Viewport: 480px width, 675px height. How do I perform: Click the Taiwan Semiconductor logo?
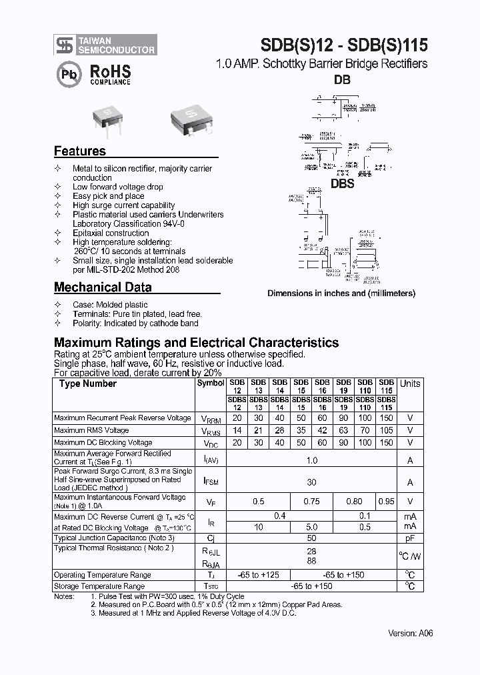(x=105, y=45)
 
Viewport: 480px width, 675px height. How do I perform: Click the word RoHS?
(x=110, y=71)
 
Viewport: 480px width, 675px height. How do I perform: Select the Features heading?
(x=80, y=151)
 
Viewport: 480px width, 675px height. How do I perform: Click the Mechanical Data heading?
(x=103, y=287)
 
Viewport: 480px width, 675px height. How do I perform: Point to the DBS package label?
(x=342, y=184)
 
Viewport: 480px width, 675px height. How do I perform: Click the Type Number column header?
(x=87, y=384)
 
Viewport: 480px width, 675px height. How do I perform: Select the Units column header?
(x=410, y=384)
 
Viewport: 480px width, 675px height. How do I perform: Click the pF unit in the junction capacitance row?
(x=410, y=538)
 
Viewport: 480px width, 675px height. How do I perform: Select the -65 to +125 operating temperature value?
(x=258, y=575)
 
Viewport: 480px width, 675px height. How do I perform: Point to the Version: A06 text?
(x=410, y=634)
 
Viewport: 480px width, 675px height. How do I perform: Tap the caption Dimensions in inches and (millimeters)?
(x=341, y=293)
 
